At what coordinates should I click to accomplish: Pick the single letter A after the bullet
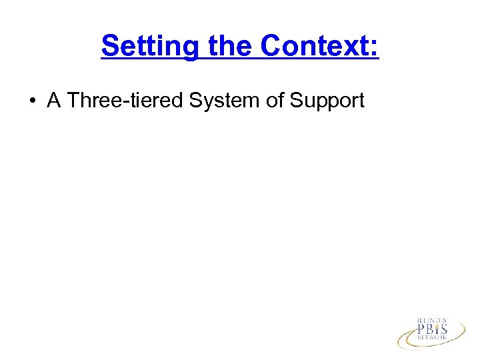[54, 101]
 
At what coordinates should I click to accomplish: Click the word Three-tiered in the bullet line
[126, 101]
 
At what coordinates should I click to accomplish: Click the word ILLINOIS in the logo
[432, 321]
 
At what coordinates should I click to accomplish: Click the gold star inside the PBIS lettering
[437, 325]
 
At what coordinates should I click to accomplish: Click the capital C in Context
[271, 46]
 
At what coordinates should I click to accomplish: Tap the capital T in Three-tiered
[73, 101]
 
